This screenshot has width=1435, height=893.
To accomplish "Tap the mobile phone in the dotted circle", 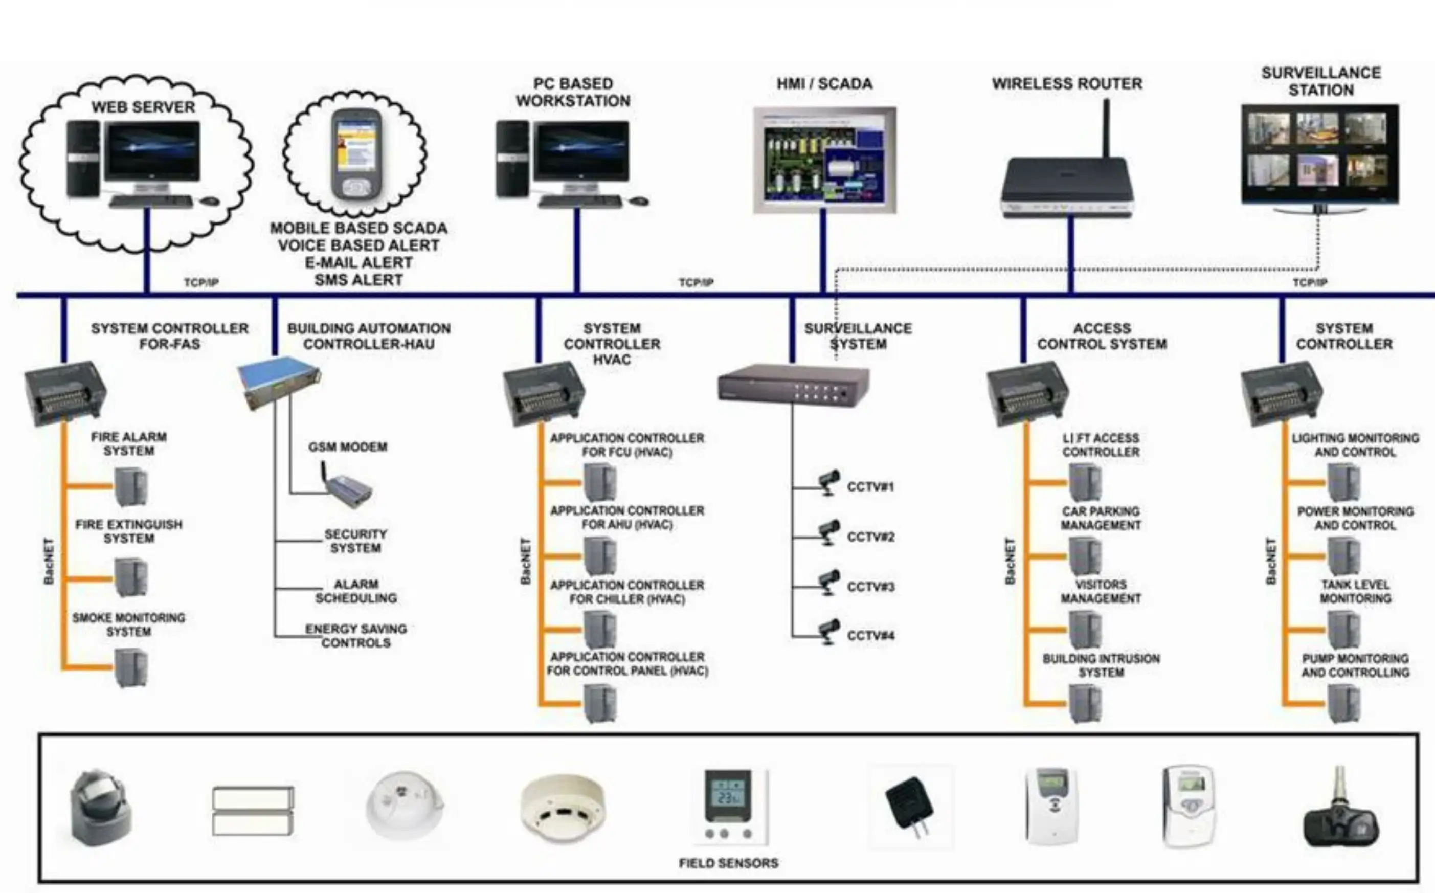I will (356, 154).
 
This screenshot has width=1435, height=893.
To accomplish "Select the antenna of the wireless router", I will (1106, 127).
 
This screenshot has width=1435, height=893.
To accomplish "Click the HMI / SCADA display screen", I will (824, 160).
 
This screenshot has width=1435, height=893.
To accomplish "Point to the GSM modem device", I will (348, 488).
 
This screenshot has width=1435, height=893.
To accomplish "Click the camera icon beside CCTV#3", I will (828, 583).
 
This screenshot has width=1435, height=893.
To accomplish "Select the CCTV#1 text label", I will (870, 487).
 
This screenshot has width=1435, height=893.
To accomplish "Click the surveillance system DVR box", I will (793, 385).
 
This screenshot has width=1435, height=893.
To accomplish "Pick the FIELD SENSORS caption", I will (728, 863).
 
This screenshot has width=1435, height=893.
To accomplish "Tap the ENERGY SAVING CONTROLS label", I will (355, 636).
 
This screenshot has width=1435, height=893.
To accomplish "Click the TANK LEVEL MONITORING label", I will (1355, 591).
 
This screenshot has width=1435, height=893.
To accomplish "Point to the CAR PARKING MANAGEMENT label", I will (1100, 518).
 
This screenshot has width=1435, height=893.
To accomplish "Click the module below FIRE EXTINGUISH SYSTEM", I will (130, 577).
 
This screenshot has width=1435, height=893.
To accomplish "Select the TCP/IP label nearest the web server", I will (201, 282).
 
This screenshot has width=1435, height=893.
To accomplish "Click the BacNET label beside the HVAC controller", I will (525, 561).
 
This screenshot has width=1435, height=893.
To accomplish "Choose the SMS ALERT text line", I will (358, 279).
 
